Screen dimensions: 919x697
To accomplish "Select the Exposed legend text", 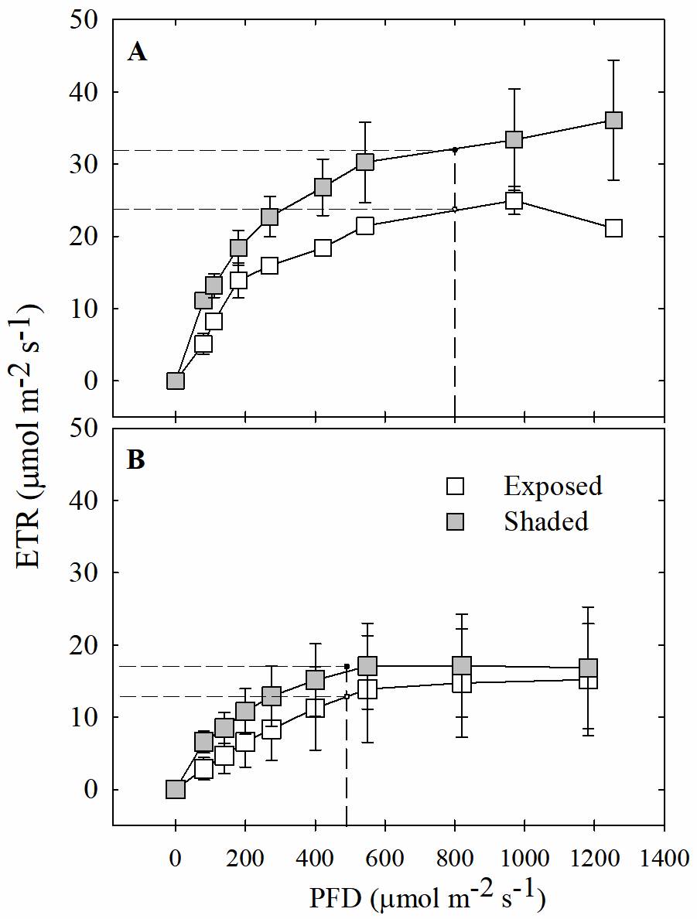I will (x=552, y=486).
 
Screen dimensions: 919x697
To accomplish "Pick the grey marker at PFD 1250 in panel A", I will (x=613, y=121).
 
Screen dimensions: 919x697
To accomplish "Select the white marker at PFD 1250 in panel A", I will (x=613, y=228).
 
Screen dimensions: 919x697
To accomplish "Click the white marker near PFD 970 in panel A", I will (x=514, y=201).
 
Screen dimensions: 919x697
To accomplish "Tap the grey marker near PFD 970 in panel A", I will (x=514, y=140).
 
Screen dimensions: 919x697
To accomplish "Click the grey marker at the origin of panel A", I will (x=176, y=381).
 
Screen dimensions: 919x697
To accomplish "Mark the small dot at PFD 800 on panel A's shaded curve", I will (x=455, y=149).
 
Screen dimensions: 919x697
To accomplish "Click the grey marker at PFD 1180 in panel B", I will (x=589, y=668).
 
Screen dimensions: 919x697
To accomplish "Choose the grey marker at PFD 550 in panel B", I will (x=367, y=666).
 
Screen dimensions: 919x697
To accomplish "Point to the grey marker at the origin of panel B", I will (x=176, y=789).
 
